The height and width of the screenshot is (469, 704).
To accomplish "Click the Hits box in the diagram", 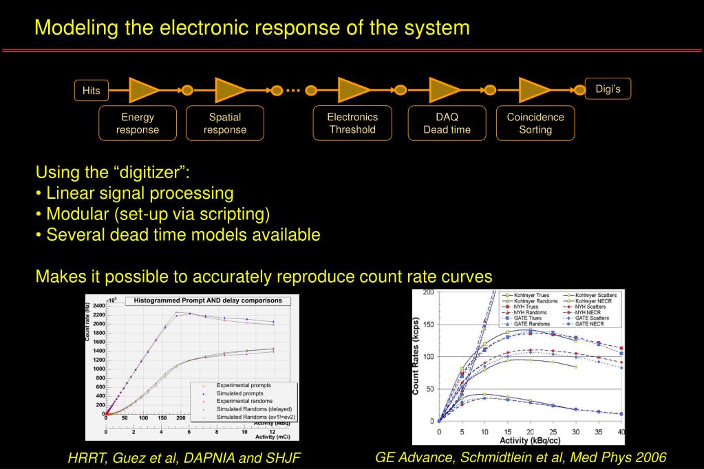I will [x=91, y=90].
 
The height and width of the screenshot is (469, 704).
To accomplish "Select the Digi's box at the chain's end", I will [x=608, y=89].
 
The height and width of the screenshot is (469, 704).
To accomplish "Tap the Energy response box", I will [x=138, y=123].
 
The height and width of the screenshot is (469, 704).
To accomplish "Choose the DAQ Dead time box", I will [x=447, y=123].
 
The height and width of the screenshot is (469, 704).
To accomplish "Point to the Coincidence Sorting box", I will [x=535, y=123].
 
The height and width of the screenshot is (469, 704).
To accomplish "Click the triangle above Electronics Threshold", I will [x=354, y=90].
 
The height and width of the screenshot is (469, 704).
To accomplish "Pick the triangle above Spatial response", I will [x=230, y=90].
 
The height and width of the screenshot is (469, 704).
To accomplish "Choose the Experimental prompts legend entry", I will [x=244, y=386].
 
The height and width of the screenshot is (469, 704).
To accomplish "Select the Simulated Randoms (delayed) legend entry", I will [x=254, y=408].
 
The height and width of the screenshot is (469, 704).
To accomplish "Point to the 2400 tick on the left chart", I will [x=98, y=305].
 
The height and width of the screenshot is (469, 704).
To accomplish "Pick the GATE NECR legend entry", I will [x=590, y=323].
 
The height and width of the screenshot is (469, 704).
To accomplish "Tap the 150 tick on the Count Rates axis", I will [x=429, y=324].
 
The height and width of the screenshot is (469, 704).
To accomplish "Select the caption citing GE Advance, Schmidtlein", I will [x=521, y=457].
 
